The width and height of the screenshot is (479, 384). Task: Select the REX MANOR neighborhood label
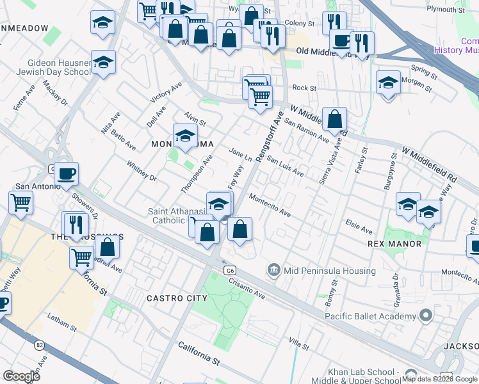point(394,244)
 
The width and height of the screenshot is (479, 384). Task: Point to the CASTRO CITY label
point(177,298)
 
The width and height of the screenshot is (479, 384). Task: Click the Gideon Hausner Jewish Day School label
point(59,68)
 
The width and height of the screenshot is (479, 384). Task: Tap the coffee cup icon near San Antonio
point(66,173)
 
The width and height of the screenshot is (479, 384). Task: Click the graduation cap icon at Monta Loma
point(186,136)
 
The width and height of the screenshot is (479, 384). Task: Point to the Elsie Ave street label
point(359,228)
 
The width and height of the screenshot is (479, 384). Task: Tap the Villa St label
point(299,344)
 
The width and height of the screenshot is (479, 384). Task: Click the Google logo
point(21,376)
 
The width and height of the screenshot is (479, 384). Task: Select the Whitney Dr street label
point(142,170)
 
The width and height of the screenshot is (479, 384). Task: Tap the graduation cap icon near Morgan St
point(387,84)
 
